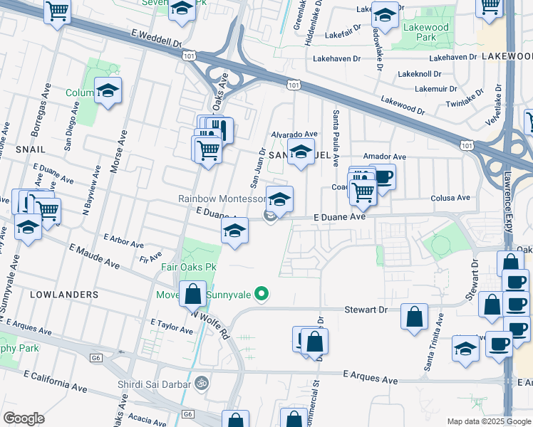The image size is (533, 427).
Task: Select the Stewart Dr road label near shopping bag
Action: pos(365,310)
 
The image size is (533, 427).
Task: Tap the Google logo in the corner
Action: pos(24,418)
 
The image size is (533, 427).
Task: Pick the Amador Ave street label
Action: pos(384,157)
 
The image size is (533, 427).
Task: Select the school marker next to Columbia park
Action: pos(108,90)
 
